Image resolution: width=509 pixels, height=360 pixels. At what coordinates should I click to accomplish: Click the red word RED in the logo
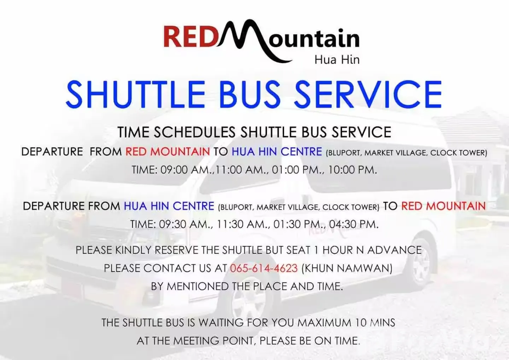(x=190, y=36)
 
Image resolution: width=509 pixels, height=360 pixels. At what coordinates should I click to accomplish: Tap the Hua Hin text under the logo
(x=337, y=60)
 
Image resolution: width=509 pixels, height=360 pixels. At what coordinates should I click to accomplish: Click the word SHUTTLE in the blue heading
(x=135, y=94)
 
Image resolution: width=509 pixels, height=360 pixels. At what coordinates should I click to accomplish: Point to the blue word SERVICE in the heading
(x=368, y=94)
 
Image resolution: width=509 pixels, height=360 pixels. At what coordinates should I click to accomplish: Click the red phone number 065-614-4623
(x=264, y=268)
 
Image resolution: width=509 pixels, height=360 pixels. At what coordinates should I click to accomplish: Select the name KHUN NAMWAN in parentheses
(x=347, y=268)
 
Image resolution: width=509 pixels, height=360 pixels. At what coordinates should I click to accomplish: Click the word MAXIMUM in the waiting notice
(x=324, y=323)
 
